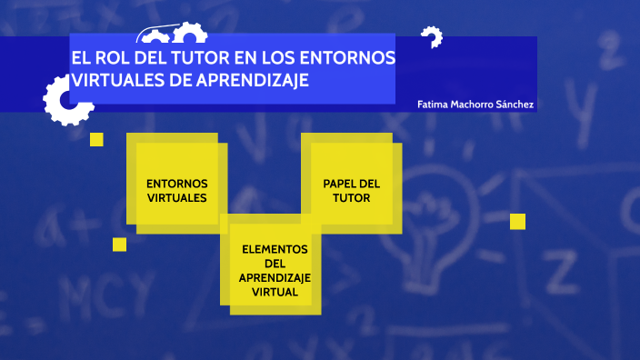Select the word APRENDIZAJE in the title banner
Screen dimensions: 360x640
(x=255, y=80)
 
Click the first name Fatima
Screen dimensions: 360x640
(x=433, y=105)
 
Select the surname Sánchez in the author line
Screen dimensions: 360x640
(x=515, y=105)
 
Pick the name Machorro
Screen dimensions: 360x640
(x=473, y=105)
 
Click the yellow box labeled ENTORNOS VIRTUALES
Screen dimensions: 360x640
(x=176, y=189)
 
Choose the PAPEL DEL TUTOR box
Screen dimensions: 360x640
(x=351, y=189)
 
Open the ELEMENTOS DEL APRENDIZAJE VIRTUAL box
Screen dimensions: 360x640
(x=275, y=270)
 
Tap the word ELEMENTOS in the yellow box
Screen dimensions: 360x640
(x=275, y=249)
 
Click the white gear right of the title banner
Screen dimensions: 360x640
(x=431, y=37)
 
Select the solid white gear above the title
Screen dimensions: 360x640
(x=189, y=34)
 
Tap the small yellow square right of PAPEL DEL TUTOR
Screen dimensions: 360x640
(x=517, y=221)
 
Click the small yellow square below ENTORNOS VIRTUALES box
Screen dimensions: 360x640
(x=119, y=244)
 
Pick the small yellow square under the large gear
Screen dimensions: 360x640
(x=96, y=139)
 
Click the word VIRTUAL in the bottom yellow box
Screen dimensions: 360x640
(x=275, y=293)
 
